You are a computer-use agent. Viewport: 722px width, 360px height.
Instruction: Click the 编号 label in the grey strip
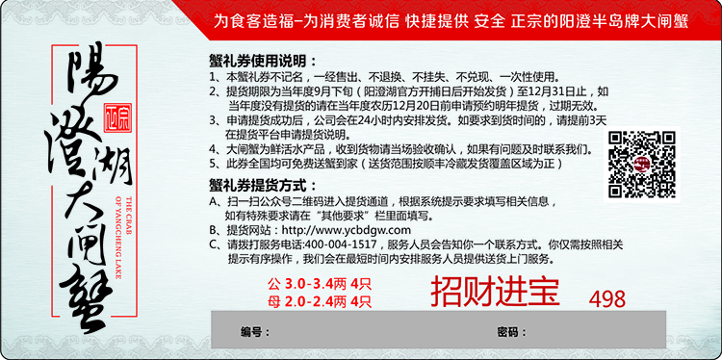point(251,332)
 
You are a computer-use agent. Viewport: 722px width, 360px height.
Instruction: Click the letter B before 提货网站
point(214,231)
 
